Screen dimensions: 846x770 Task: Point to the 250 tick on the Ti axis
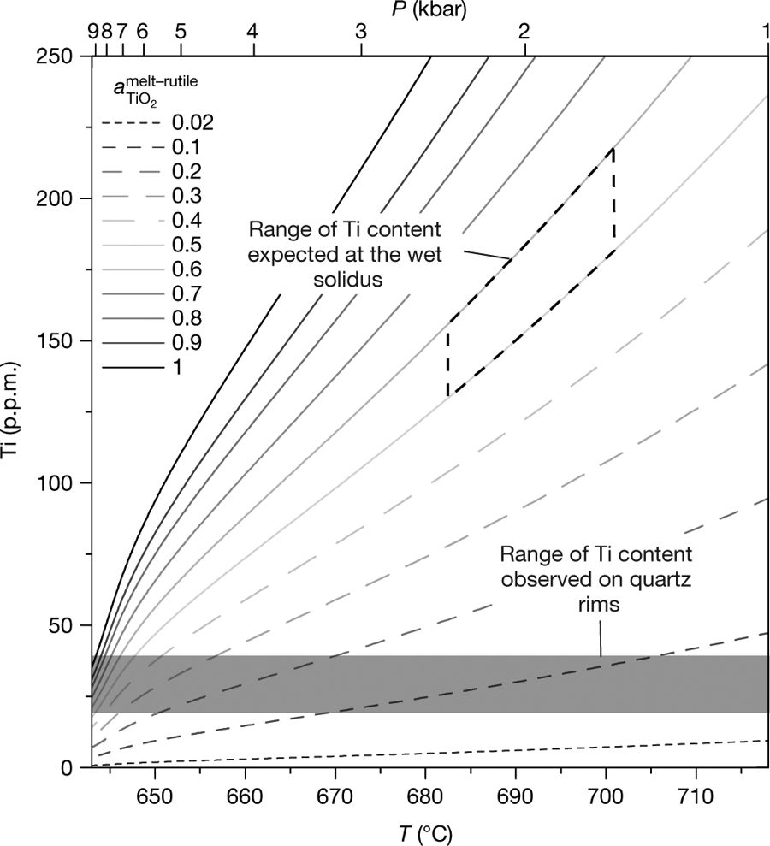pyautogui.click(x=62, y=56)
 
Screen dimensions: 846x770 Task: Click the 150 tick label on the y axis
pyautogui.click(x=62, y=341)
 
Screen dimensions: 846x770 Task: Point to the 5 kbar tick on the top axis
pyautogui.click(x=180, y=31)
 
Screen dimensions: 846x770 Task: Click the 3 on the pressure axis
pyautogui.click(x=361, y=31)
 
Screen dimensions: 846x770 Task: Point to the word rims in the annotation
pyautogui.click(x=596, y=604)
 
